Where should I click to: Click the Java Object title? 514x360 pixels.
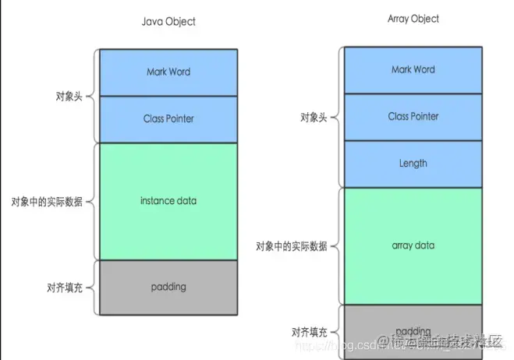[168, 22]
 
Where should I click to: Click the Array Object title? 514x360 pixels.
[413, 19]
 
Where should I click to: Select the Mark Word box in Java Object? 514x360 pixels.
[168, 72]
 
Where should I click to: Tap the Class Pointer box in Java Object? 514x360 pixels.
[168, 119]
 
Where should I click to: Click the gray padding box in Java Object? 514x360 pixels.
[168, 286]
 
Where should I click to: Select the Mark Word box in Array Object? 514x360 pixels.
[413, 70]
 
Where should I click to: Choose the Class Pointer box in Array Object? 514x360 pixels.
[413, 117]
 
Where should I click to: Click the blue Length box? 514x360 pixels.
[413, 164]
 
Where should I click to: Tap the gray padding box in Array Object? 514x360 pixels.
[413, 331]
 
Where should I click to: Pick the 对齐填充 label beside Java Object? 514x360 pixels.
[62, 287]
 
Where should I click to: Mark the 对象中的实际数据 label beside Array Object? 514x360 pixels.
[292, 246]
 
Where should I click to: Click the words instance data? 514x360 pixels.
[168, 201]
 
